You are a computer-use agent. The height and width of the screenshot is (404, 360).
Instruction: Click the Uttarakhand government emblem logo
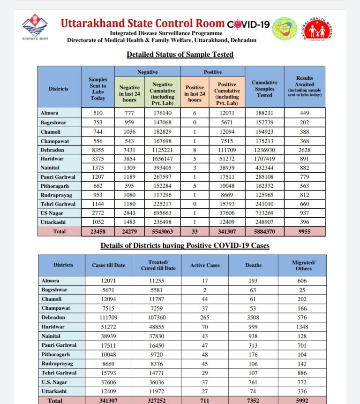tap(32, 28)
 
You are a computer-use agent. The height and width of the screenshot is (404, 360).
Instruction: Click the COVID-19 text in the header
tap(248, 24)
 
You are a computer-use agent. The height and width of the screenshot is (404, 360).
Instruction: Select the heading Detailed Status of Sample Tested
tap(180, 54)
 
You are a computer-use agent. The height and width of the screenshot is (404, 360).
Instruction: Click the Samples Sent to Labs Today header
tap(98, 89)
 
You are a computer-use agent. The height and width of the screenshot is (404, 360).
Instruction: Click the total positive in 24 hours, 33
tap(195, 231)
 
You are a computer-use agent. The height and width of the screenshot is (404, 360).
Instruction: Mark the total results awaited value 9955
tap(305, 231)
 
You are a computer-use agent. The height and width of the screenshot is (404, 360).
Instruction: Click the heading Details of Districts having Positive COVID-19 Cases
tap(185, 245)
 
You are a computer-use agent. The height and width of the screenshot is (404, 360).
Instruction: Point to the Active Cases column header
tap(205, 265)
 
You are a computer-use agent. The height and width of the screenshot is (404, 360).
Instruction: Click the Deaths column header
tap(253, 265)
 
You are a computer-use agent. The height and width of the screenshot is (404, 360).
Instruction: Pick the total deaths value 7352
tap(253, 400)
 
